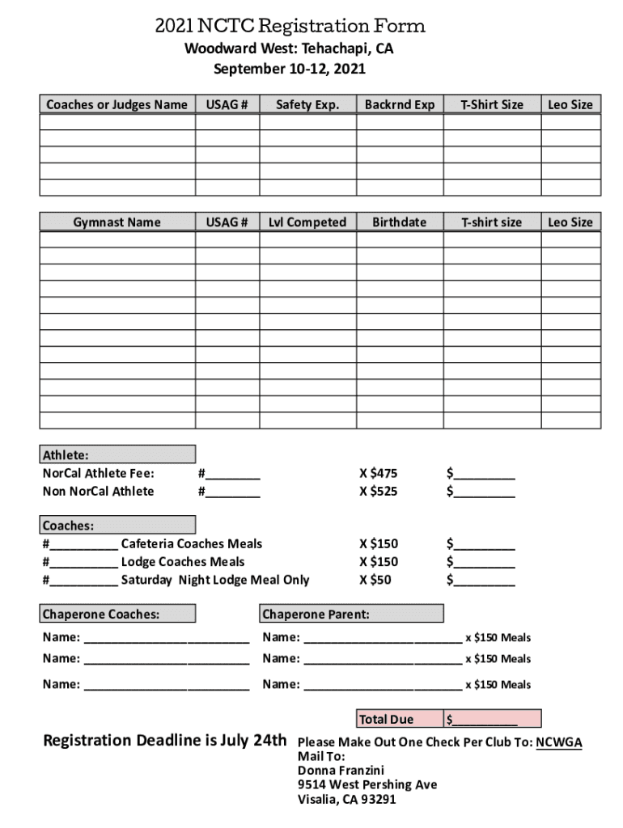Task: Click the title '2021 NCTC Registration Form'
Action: pyautogui.click(x=290, y=27)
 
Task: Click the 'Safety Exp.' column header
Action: pyautogui.click(x=307, y=104)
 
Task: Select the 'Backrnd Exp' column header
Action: pyautogui.click(x=400, y=104)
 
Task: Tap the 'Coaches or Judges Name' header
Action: pyautogui.click(x=117, y=104)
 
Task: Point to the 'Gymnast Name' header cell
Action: pyautogui.click(x=117, y=222)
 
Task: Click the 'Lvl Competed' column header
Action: pyautogui.click(x=307, y=222)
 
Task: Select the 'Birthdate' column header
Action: pyautogui.click(x=400, y=222)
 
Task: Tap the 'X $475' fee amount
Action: pyautogui.click(x=379, y=474)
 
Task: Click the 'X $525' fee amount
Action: pyautogui.click(x=379, y=492)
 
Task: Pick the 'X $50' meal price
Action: pyautogui.click(x=375, y=580)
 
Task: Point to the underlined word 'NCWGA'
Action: pyautogui.click(x=558, y=742)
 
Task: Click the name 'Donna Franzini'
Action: pyautogui.click(x=341, y=771)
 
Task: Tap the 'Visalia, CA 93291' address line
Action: pyautogui.click(x=347, y=800)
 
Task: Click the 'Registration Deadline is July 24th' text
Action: pyautogui.click(x=164, y=741)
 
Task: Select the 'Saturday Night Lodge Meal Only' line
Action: pyautogui.click(x=215, y=580)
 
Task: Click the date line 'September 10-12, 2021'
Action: pyautogui.click(x=290, y=70)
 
